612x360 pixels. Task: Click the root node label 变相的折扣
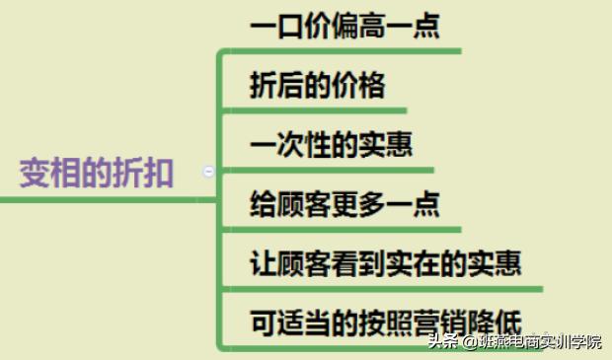(x=97, y=175)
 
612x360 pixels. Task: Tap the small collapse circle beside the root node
(x=208, y=171)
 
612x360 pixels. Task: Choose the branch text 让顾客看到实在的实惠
(x=386, y=263)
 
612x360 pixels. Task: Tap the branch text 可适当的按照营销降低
(x=386, y=323)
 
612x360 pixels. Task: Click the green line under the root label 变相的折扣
(x=99, y=200)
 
